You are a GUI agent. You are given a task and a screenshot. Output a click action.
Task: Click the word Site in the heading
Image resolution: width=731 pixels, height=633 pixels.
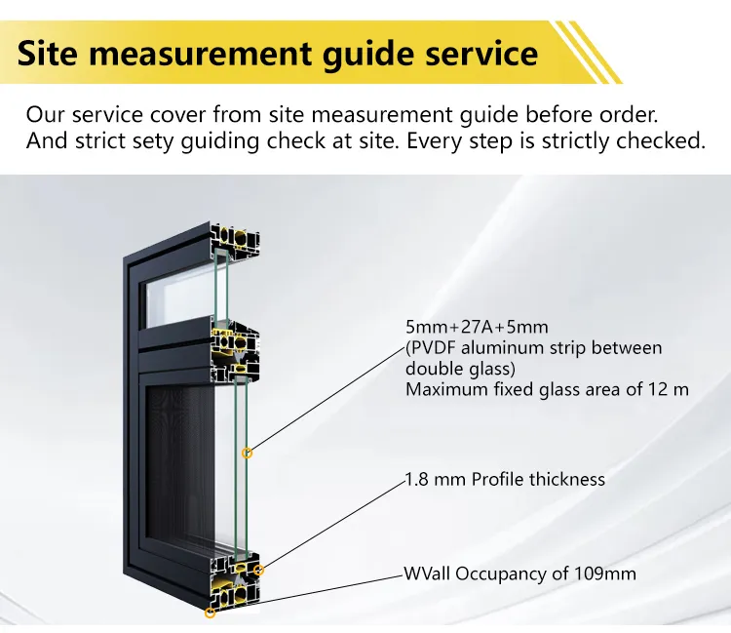click(47, 53)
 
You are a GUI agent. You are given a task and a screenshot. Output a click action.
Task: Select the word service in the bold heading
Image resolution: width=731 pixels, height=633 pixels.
click(481, 54)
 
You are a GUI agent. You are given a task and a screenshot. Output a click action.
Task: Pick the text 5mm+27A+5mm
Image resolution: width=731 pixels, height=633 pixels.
click(477, 327)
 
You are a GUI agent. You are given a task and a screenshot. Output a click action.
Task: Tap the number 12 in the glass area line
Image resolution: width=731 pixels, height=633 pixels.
click(659, 389)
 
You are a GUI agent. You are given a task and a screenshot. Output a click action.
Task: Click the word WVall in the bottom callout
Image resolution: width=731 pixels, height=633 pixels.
click(427, 574)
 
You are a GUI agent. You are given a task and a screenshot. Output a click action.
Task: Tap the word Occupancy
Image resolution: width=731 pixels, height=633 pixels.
click(501, 574)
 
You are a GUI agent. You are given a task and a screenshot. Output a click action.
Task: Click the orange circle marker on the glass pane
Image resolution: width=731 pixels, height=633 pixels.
click(248, 453)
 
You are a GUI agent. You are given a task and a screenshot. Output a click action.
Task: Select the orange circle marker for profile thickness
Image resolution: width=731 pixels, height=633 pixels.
click(259, 570)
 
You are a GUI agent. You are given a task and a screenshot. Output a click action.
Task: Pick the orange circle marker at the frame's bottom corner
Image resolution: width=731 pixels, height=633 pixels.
click(210, 613)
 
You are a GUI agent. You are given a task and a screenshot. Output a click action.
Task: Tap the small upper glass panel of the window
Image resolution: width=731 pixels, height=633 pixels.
click(179, 298)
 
